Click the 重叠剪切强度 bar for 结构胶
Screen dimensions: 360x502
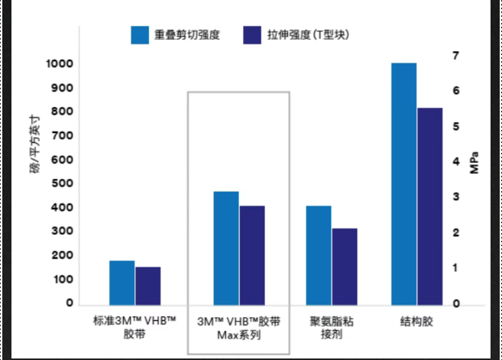404,183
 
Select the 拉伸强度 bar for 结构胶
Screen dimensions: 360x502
429,206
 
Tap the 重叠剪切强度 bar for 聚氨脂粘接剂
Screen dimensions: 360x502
319,255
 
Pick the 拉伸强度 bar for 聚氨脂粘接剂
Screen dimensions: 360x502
344,266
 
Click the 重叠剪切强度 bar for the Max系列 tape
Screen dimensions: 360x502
226,248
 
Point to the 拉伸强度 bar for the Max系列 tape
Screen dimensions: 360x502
252,255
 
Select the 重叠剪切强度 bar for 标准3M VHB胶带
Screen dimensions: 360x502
121,282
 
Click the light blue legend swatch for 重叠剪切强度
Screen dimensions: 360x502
139,35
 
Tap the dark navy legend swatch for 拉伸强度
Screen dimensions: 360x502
252,35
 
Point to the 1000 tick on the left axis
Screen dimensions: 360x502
59,64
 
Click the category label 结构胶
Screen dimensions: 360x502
416,321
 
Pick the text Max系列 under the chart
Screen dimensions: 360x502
238,335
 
